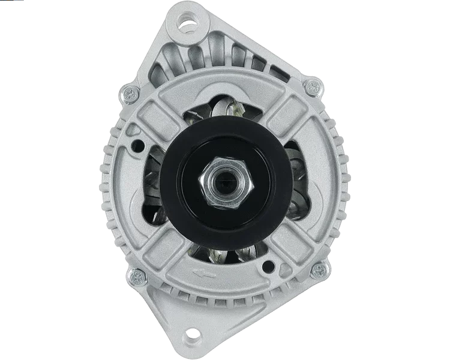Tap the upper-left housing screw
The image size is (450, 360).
click(128, 93)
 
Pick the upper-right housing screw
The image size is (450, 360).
click(311, 88)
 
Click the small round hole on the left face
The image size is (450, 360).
click(139, 144)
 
